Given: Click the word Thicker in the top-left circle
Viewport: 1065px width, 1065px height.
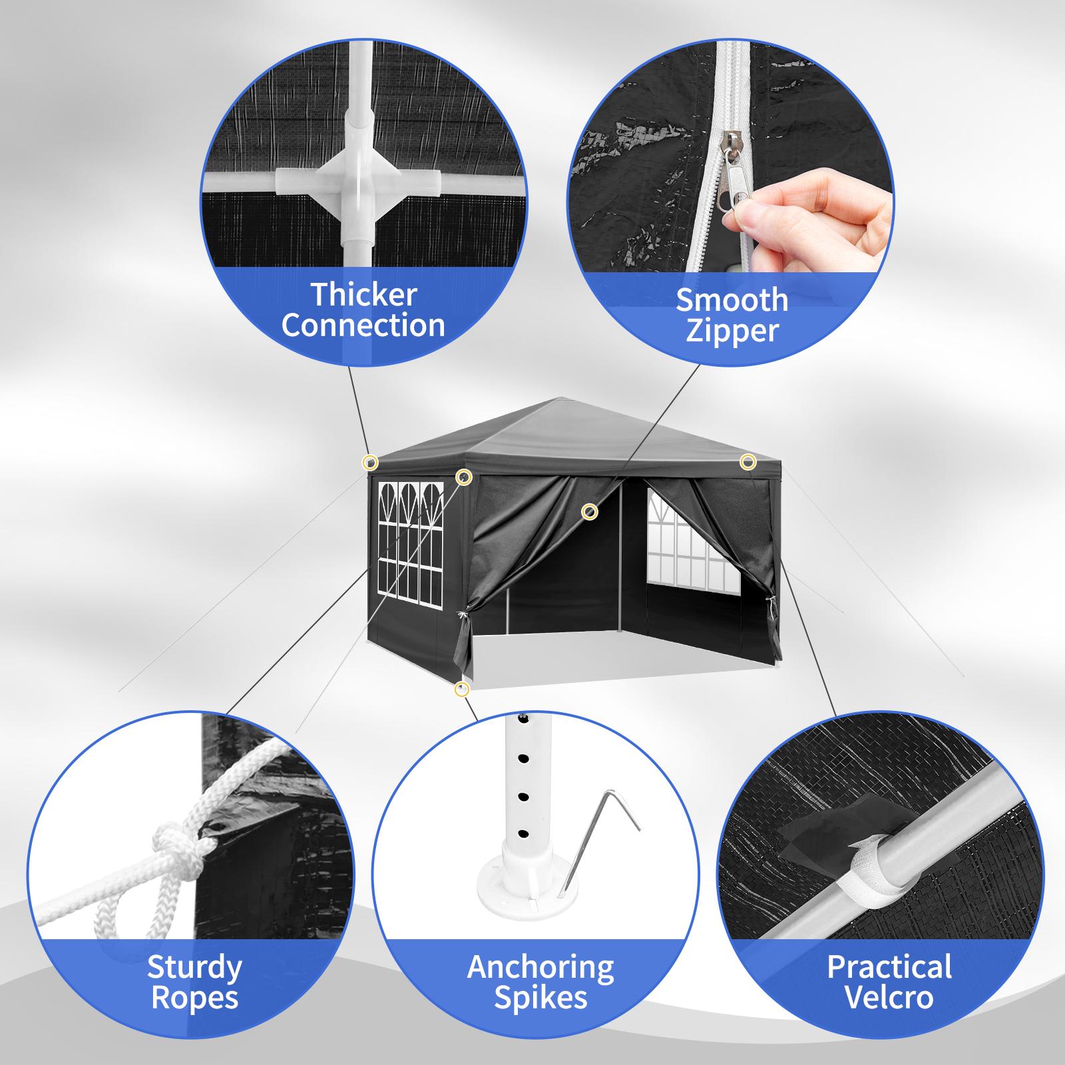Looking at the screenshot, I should point(363,294).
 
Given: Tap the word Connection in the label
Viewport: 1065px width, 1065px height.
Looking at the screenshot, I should point(363,325).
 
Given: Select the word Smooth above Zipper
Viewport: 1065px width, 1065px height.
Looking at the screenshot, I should point(732,300).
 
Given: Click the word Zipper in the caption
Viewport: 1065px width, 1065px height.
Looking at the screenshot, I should point(732,331).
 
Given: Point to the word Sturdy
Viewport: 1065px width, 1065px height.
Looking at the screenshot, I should point(194,967).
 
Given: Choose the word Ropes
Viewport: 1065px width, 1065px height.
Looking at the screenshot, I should point(194,998).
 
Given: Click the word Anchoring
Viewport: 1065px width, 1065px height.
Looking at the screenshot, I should point(540,967).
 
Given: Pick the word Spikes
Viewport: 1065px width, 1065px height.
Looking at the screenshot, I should point(540,998).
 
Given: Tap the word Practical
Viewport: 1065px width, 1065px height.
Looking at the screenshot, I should point(889,967).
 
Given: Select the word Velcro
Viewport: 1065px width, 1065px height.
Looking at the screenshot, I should point(889,998).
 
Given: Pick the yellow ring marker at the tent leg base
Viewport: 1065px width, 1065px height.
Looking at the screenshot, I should point(461,690).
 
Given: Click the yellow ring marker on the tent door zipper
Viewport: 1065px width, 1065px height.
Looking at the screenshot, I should point(589,511).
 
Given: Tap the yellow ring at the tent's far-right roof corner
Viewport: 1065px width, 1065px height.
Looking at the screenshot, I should point(747,461).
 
